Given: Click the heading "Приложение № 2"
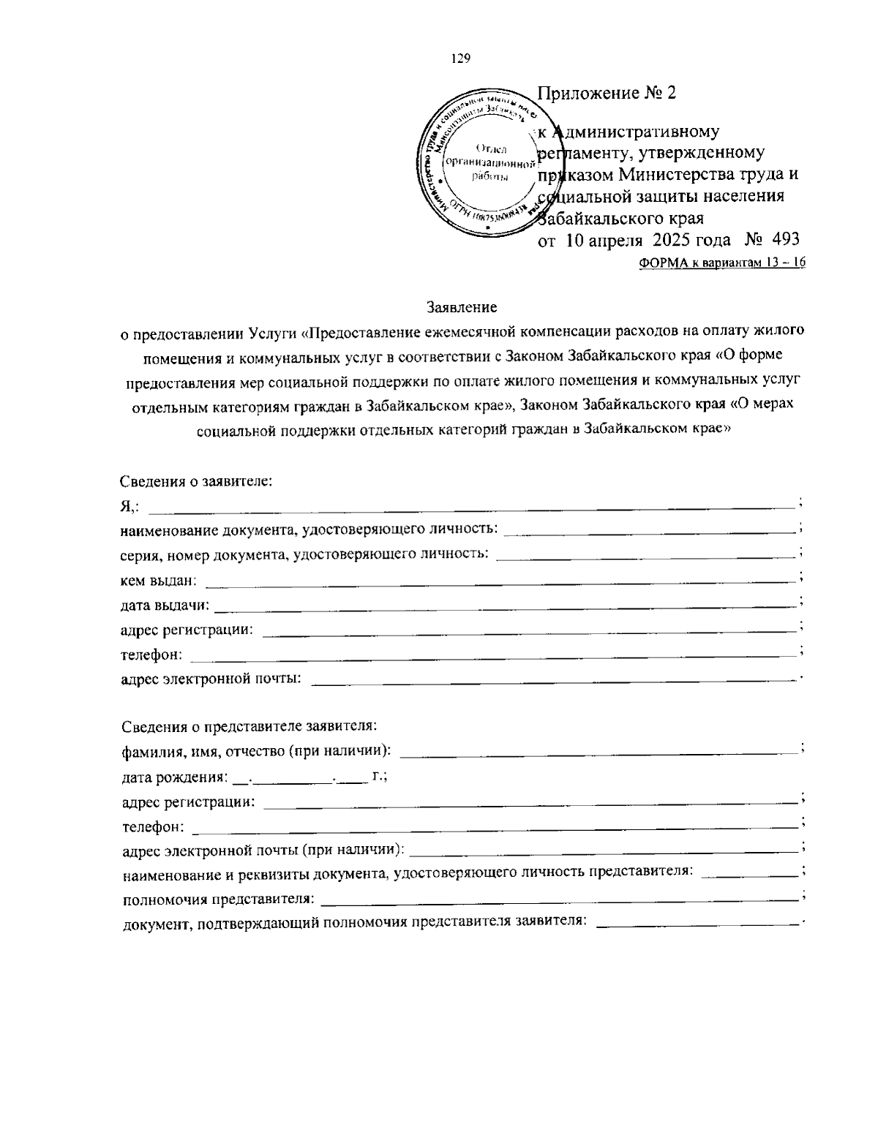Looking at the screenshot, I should coord(607,93).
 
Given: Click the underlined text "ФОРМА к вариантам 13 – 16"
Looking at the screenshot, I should coord(721,264).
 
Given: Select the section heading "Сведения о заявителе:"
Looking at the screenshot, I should coord(196,481).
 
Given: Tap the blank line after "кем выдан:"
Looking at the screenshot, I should coord(500,581).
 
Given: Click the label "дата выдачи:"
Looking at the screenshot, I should coord(165,606).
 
